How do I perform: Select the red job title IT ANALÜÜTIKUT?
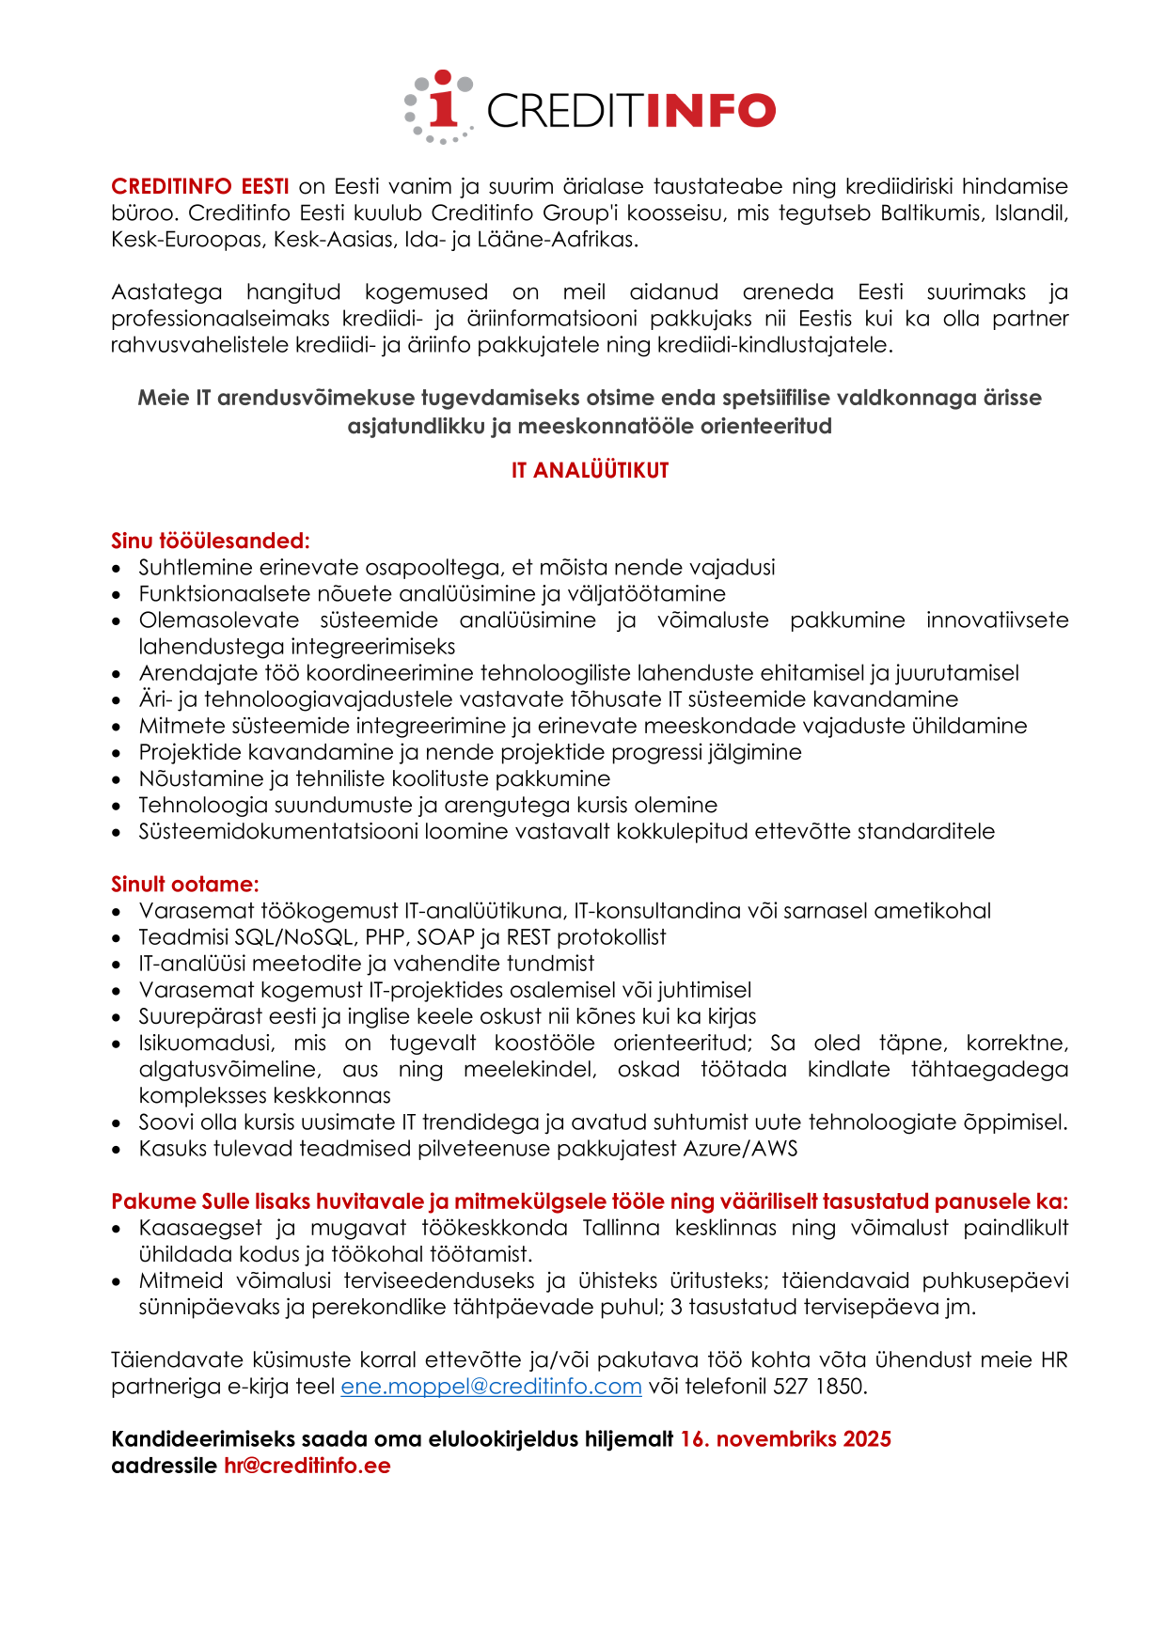(590, 471)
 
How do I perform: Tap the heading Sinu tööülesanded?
(210, 541)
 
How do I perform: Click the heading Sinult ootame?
(184, 884)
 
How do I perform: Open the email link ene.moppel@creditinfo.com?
(491, 1386)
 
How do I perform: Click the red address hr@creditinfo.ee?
(307, 1466)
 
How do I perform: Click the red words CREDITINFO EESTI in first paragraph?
(199, 186)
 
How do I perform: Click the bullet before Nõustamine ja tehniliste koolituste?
(117, 779)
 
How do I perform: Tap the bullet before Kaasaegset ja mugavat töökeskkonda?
(117, 1229)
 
